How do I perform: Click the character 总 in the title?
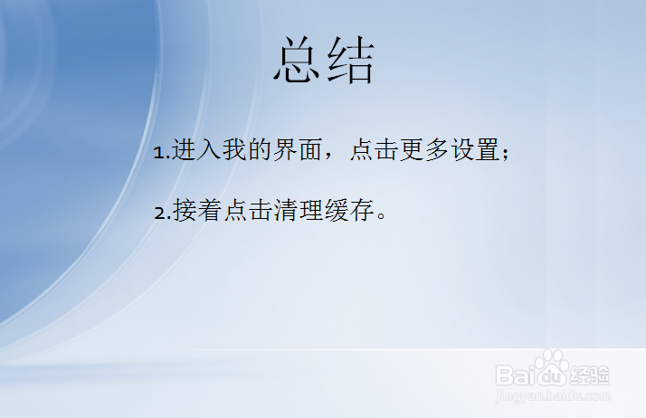pos(299,62)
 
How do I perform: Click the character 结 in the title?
pos(351,62)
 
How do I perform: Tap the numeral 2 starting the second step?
pos(159,214)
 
